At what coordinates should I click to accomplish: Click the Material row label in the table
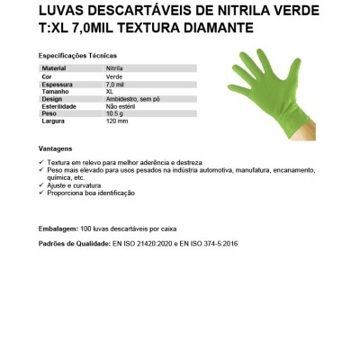pyautogui.click(x=55, y=68)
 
